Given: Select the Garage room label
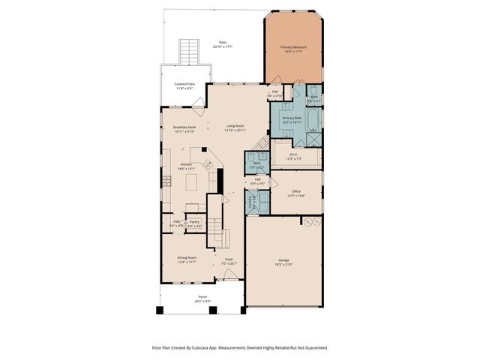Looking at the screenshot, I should pyautogui.click(x=283, y=262).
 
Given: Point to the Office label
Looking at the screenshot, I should pyautogui.click(x=295, y=193).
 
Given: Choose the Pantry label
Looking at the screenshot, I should pyautogui.click(x=193, y=223).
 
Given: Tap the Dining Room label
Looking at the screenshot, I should pyautogui.click(x=187, y=259).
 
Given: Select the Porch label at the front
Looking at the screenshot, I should pyautogui.click(x=202, y=298).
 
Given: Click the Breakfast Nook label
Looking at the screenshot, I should pyautogui.click(x=184, y=129).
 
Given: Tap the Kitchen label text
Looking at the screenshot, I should pyautogui.click(x=186, y=166).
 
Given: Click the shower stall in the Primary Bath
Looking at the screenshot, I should pyautogui.click(x=313, y=139).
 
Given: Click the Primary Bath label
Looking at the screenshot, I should pyautogui.click(x=292, y=120).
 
